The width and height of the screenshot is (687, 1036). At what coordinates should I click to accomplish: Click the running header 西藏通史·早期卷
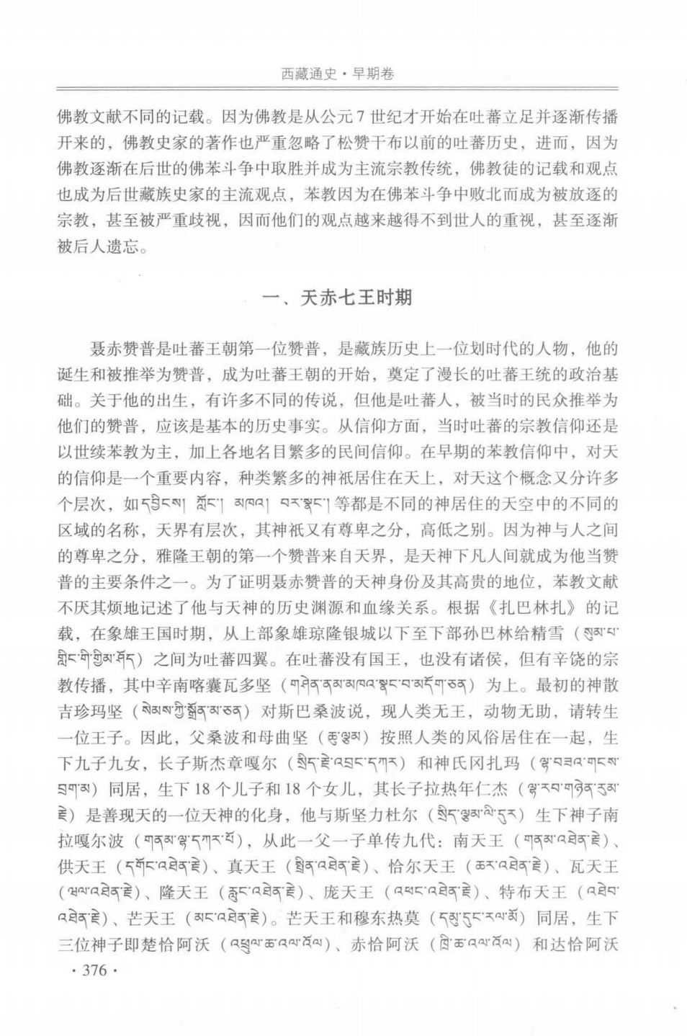pyautogui.click(x=338, y=73)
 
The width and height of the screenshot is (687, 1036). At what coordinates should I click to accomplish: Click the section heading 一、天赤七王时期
pyautogui.click(x=338, y=297)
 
